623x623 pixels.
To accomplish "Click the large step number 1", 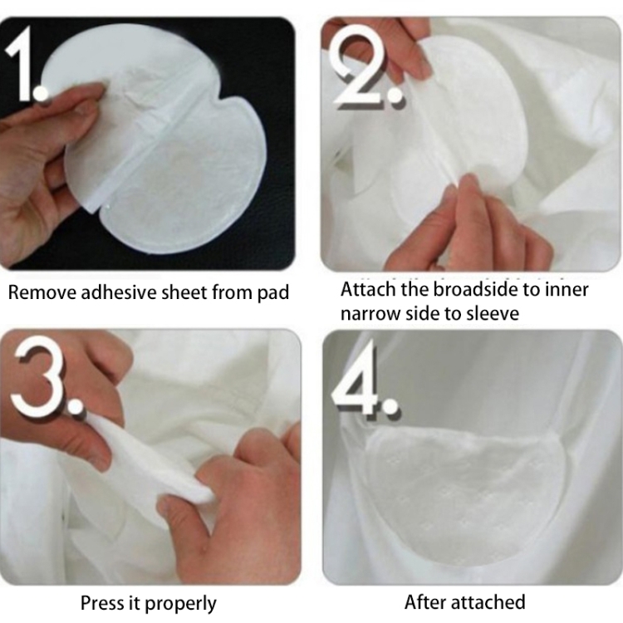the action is pos(22,64).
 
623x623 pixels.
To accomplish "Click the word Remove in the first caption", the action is pos(42,293).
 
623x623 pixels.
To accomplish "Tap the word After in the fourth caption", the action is pos(425,602).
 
